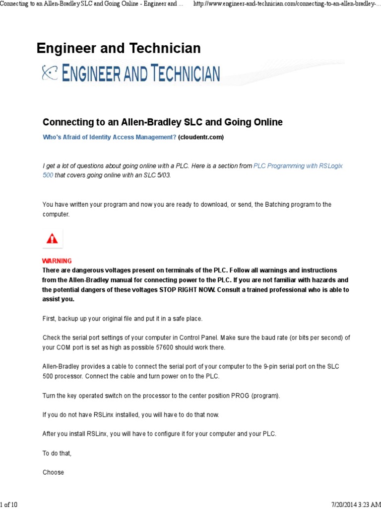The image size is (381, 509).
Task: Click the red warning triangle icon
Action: pyautogui.click(x=52, y=239)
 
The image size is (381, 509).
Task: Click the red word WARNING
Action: pyautogui.click(x=57, y=261)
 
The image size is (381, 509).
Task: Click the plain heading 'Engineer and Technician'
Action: pyautogui.click(x=119, y=48)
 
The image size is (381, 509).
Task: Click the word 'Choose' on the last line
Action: pyautogui.click(x=53, y=472)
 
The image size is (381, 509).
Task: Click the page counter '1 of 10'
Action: pyautogui.click(x=9, y=505)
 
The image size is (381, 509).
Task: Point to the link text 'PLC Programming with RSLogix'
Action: pyautogui.click(x=298, y=167)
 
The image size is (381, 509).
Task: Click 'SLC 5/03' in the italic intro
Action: pyautogui.click(x=158, y=176)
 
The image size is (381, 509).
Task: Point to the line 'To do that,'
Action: pyautogui.click(x=57, y=453)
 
